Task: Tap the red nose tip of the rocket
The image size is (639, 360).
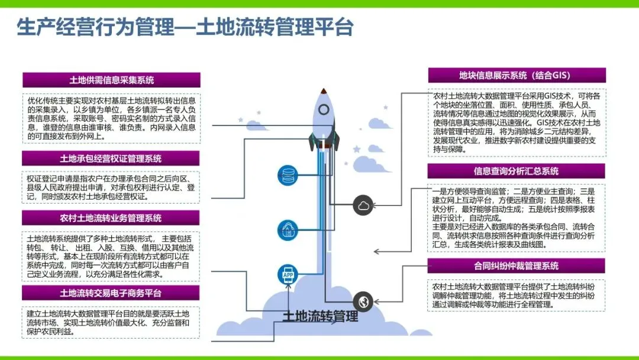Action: click(324, 91)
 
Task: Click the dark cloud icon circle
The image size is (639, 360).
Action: click(363, 205)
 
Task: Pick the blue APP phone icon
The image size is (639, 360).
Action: click(288, 274)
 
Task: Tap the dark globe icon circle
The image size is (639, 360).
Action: click(363, 302)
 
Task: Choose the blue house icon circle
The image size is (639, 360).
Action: click(288, 229)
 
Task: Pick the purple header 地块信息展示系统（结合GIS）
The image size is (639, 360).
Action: click(517, 75)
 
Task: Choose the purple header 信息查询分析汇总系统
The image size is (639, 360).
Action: click(517, 171)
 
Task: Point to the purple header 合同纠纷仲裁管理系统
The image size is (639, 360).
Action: click(517, 266)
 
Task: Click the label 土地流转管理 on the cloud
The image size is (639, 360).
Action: click(321, 316)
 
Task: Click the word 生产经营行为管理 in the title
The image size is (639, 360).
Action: click(95, 27)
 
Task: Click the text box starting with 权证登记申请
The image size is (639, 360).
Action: click(111, 187)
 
